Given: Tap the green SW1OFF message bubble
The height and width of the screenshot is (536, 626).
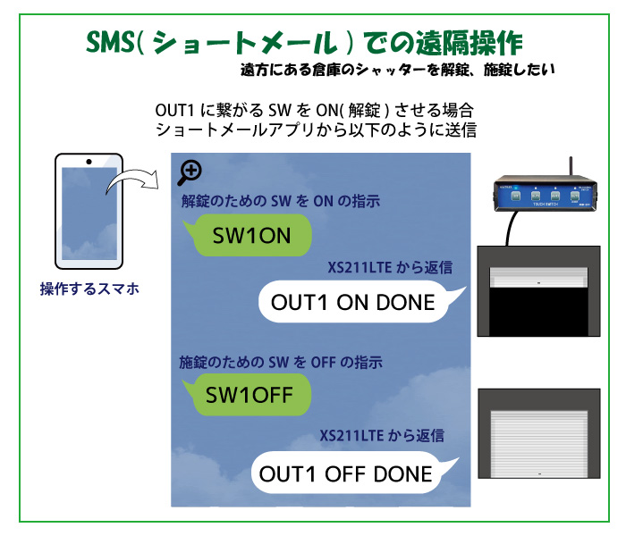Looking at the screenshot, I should click(246, 394).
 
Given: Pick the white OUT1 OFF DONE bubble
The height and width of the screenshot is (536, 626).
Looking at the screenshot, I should click(349, 473).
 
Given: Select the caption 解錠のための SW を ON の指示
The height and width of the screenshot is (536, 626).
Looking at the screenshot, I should click(280, 202).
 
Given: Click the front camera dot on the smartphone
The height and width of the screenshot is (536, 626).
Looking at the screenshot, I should click(89, 161).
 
